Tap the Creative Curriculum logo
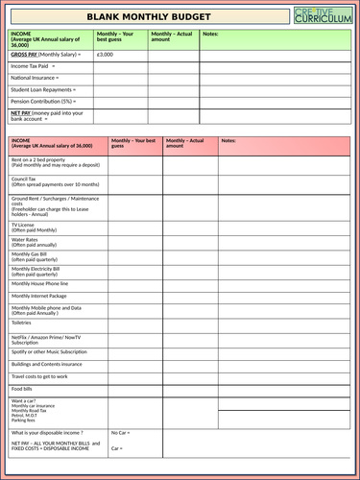[324, 15]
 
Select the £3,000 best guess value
[106, 56]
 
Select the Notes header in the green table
[211, 35]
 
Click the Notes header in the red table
[228, 140]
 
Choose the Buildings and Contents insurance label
[47, 364]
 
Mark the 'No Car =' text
[121, 433]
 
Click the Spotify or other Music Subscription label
[54, 350]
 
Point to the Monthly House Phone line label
[39, 284]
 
